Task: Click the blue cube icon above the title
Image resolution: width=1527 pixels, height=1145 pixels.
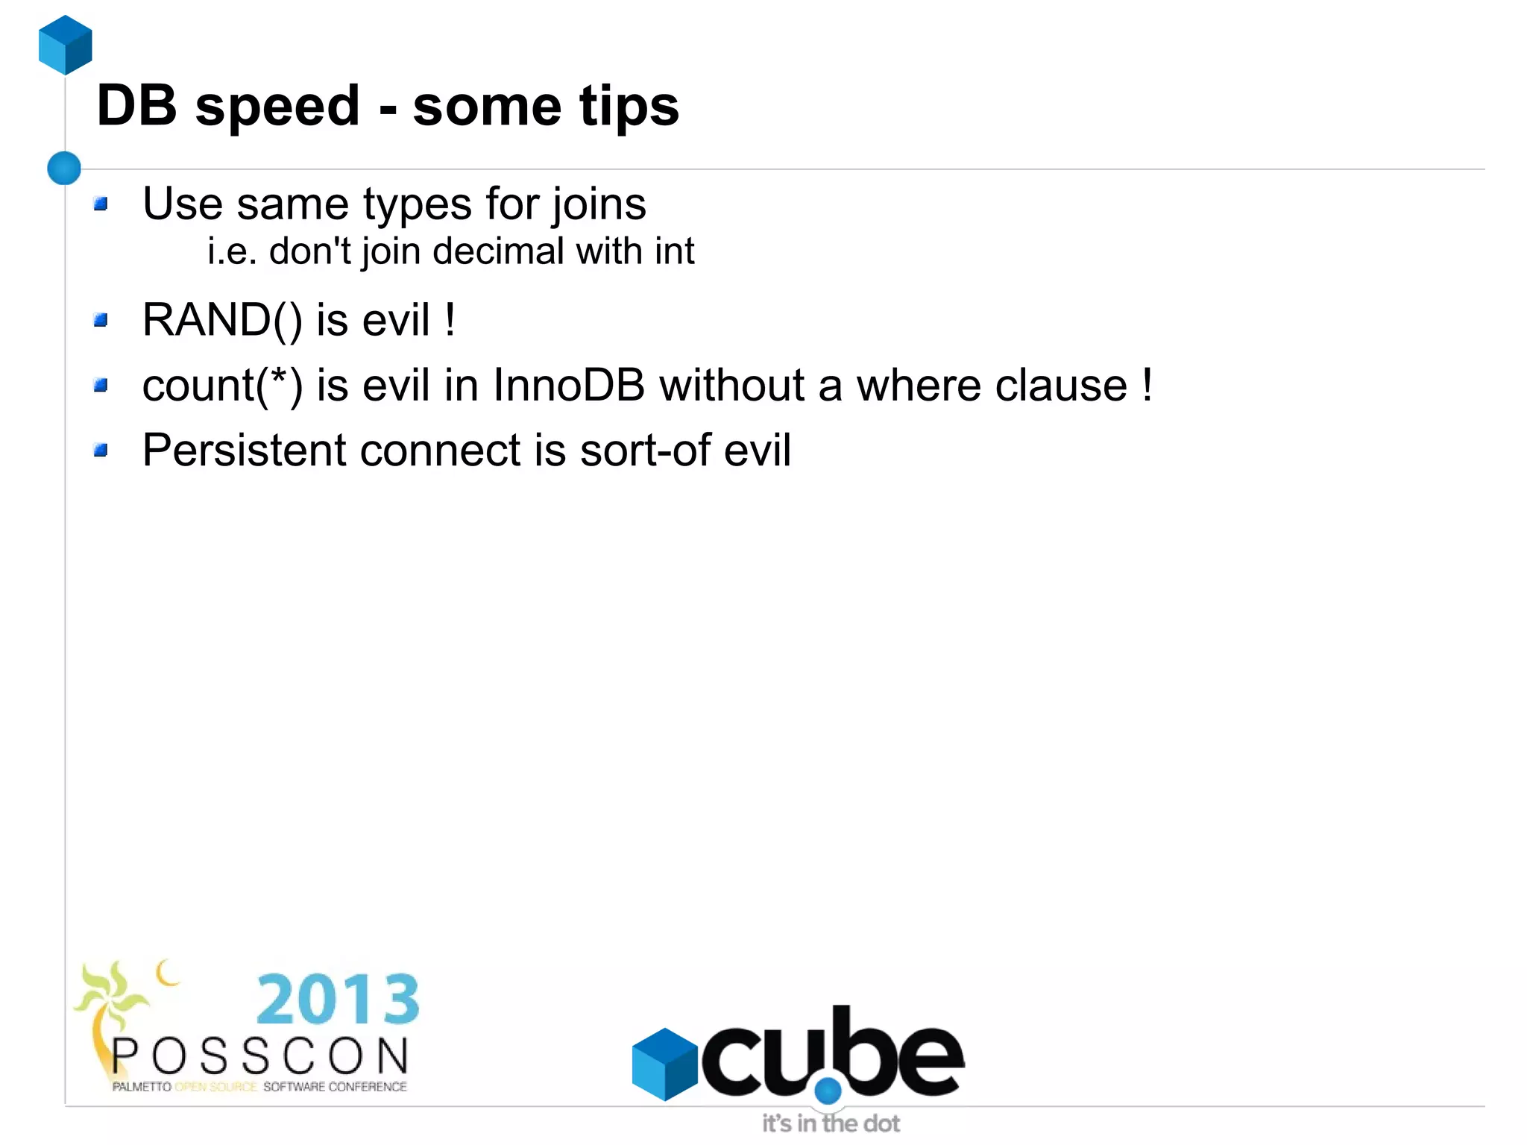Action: click(66, 45)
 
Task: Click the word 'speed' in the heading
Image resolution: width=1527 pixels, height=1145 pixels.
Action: click(278, 107)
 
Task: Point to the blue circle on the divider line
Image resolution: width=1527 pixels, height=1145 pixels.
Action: click(64, 168)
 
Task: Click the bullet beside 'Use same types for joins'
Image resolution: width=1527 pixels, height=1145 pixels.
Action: click(101, 204)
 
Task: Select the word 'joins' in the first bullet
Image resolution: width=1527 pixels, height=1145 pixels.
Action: click(599, 204)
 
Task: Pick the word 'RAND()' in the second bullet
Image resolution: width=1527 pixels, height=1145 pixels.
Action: click(222, 321)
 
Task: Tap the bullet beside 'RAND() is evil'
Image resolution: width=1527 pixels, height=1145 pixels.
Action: click(101, 321)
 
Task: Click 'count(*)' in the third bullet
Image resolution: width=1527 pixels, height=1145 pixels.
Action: click(222, 386)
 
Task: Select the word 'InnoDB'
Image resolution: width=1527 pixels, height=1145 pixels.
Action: click(568, 386)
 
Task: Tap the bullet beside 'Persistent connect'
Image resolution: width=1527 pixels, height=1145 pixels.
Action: click(101, 450)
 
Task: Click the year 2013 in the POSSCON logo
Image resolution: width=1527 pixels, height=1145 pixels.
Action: click(338, 1000)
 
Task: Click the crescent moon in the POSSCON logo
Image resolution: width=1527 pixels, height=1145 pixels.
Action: click(167, 972)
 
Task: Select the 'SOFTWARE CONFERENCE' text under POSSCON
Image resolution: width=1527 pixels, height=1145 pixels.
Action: click(335, 1087)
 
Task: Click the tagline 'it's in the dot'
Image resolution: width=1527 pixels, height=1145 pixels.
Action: click(831, 1123)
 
